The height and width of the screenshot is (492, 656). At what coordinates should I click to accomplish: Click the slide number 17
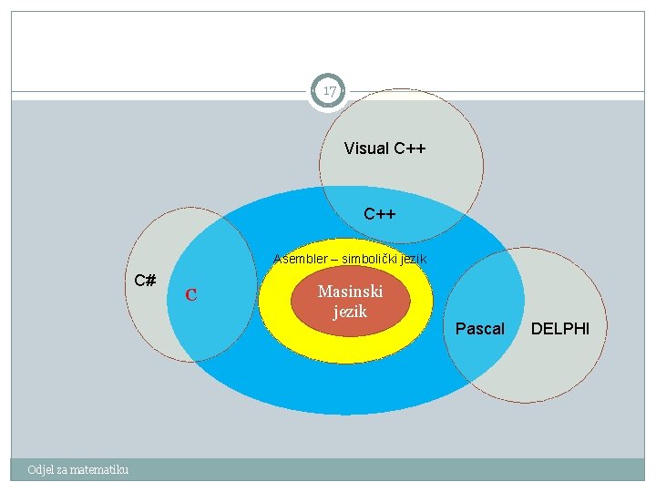pyautogui.click(x=329, y=91)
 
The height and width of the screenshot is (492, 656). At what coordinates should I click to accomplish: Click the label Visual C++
pyautogui.click(x=385, y=149)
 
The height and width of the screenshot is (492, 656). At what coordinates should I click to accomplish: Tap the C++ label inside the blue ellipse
pyautogui.click(x=379, y=215)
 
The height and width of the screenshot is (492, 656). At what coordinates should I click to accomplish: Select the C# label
pyautogui.click(x=144, y=280)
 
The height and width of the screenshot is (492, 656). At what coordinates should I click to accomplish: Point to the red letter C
pyautogui.click(x=191, y=295)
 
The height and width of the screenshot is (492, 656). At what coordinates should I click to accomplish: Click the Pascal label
pyautogui.click(x=479, y=328)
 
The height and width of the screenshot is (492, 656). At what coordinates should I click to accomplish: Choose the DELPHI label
pyautogui.click(x=560, y=327)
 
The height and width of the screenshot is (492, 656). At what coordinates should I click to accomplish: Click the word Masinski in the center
pyautogui.click(x=350, y=292)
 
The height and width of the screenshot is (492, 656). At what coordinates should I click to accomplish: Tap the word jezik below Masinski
pyautogui.click(x=350, y=312)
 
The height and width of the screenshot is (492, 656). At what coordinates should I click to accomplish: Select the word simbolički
pyautogui.click(x=373, y=260)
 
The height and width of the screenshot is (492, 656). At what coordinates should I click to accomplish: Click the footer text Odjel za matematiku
pyautogui.click(x=78, y=469)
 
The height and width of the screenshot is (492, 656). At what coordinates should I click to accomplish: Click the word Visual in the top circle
pyautogui.click(x=365, y=149)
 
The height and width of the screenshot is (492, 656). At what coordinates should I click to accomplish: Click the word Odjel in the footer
pyautogui.click(x=41, y=469)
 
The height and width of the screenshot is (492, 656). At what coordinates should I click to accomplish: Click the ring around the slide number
pyautogui.click(x=313, y=91)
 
